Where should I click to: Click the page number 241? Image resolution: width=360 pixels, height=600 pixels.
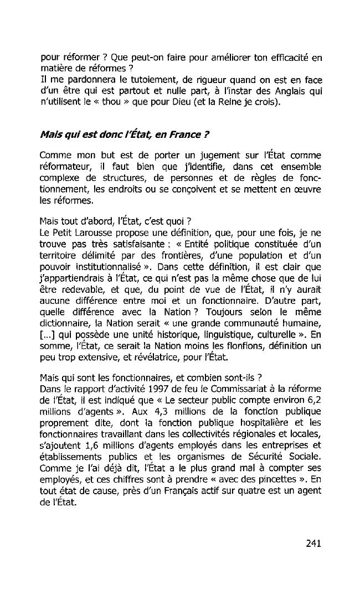(313, 543)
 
